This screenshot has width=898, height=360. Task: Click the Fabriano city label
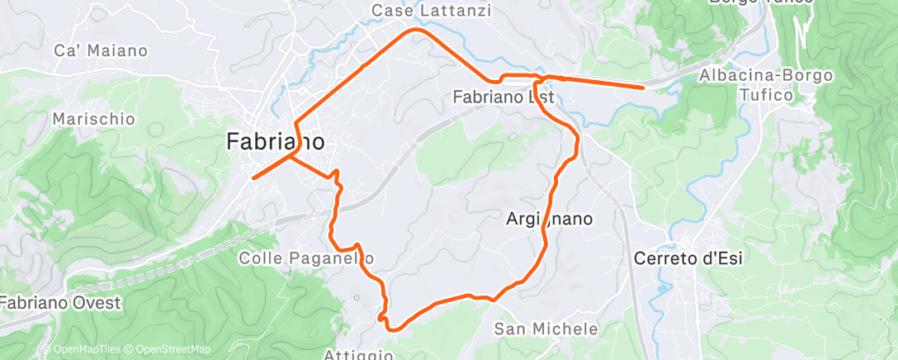tap(275, 142)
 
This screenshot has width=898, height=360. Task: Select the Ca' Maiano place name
tap(101, 50)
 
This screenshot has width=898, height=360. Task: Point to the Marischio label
tap(93, 119)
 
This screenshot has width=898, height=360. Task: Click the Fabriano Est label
tap(503, 97)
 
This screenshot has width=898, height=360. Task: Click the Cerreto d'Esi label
tap(688, 258)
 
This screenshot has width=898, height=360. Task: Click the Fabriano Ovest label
tap(59, 302)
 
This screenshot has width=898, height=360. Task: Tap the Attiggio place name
tap(359, 354)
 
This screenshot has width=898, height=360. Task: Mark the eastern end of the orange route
tap(643, 86)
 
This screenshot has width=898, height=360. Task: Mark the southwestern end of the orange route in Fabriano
tap(253, 178)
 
